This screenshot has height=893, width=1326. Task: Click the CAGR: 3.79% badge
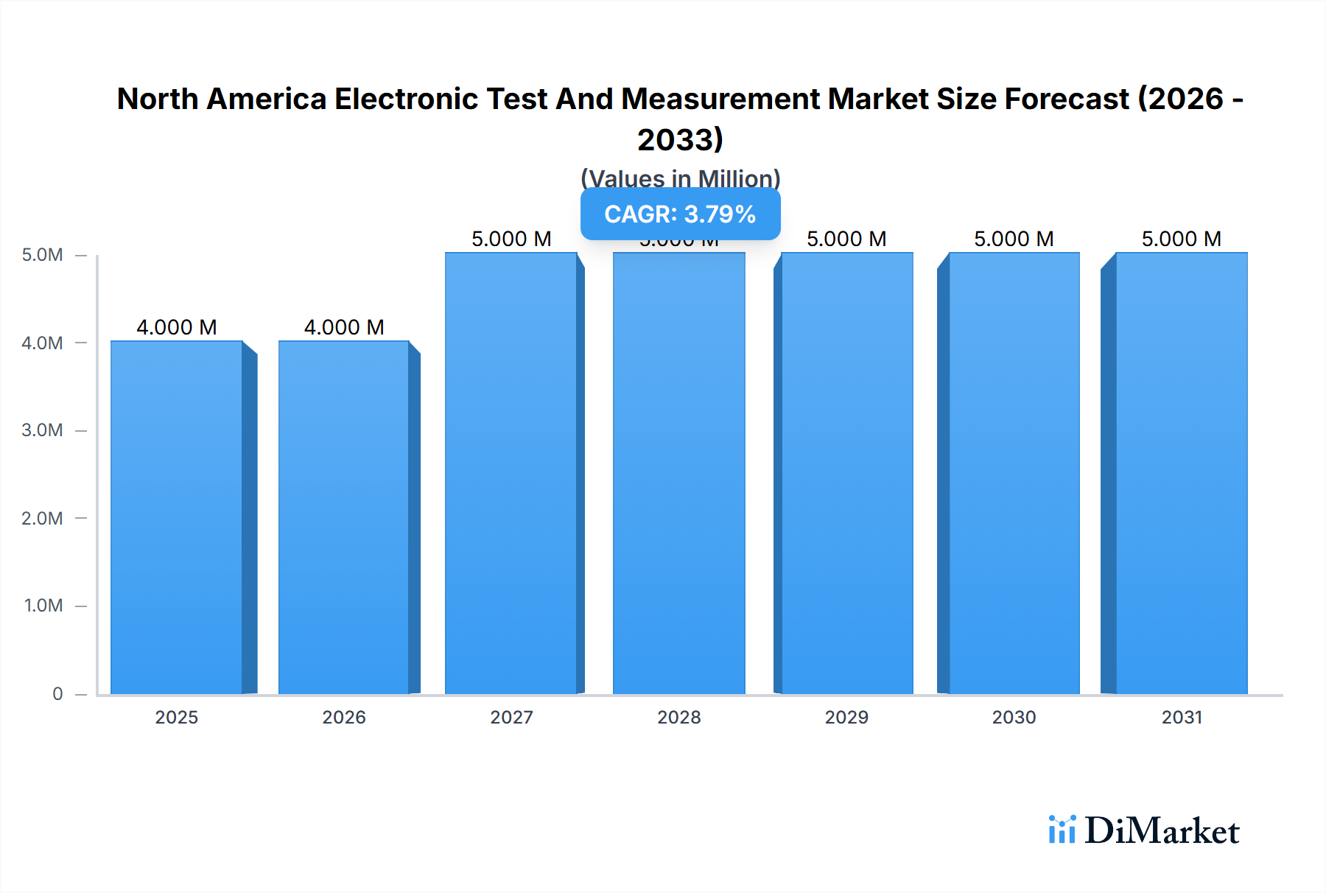point(680,214)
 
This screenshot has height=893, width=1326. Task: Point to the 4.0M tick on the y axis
point(42,343)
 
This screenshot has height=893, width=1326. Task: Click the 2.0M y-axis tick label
point(42,518)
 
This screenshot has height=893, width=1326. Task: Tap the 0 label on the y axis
point(57,693)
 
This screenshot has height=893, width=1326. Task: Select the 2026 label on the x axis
point(344,717)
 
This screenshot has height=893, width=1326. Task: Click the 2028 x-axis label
point(679,717)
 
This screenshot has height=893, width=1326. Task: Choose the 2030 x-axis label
point(1014,717)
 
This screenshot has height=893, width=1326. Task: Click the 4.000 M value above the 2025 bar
point(177,327)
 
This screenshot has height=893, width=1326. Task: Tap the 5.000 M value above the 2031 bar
point(1182,239)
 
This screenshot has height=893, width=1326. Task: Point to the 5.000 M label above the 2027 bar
point(511,239)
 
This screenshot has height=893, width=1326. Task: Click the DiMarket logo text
point(1162,830)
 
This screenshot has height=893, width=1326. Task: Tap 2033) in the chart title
point(680,139)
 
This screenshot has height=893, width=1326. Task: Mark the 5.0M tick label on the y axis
point(42,255)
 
